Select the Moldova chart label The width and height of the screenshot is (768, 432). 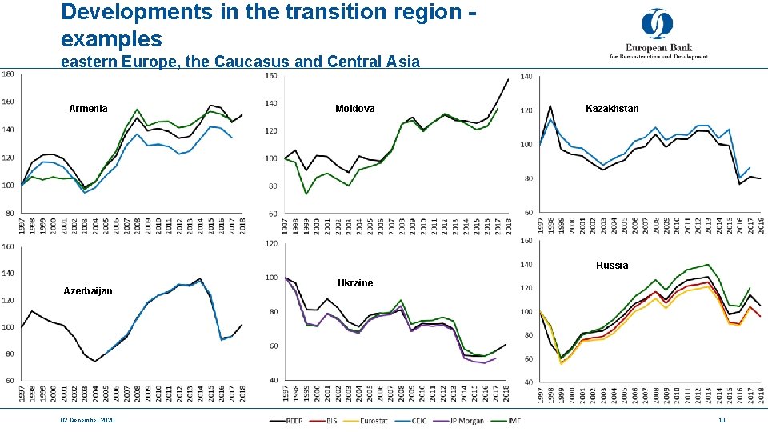(354, 108)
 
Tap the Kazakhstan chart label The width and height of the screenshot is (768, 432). (612, 108)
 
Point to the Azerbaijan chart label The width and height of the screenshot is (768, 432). (88, 291)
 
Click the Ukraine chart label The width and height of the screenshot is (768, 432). (355, 283)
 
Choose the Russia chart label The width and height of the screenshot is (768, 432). (612, 266)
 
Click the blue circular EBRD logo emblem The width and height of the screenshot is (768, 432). (658, 23)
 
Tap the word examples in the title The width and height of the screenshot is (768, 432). (111, 38)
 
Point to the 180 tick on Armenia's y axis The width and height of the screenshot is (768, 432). (7, 74)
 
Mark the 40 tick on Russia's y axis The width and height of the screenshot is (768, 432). (528, 382)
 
